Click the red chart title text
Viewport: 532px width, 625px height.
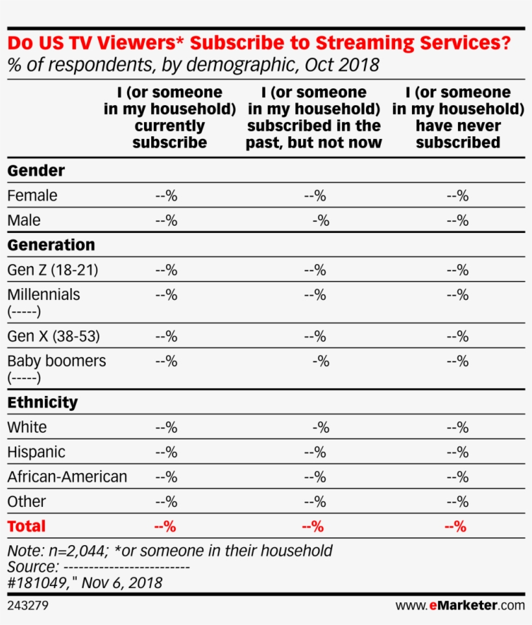click(x=258, y=43)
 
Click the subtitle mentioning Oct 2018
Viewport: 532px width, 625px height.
click(x=193, y=66)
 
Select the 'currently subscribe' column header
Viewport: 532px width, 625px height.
click(x=169, y=117)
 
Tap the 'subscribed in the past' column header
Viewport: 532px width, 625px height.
click(x=313, y=117)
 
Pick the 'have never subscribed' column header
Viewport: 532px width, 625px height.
click(x=457, y=117)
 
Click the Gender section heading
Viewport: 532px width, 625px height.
click(x=36, y=171)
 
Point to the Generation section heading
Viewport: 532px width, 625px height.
click(x=51, y=245)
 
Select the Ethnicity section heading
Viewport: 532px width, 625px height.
click(x=42, y=402)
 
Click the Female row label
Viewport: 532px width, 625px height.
click(x=32, y=195)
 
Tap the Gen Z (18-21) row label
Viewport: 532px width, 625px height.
click(x=53, y=270)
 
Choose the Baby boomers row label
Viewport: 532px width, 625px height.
click(x=56, y=362)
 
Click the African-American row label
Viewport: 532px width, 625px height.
click(x=67, y=477)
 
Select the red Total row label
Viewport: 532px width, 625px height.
click(x=27, y=526)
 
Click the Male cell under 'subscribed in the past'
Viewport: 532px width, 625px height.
click(x=320, y=221)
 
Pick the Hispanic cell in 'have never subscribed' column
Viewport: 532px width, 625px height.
click(x=457, y=452)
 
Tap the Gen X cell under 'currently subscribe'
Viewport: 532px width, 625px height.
click(x=166, y=337)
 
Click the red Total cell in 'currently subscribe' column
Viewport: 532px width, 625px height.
click(x=165, y=527)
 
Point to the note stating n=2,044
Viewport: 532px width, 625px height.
click(x=169, y=551)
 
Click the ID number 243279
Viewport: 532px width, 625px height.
click(x=28, y=606)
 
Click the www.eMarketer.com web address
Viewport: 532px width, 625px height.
click(x=459, y=606)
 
